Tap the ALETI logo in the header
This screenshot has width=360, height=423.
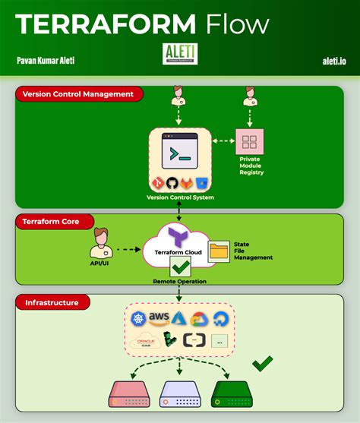click(x=179, y=54)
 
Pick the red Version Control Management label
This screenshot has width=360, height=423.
click(x=79, y=95)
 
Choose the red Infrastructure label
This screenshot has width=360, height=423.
click(x=52, y=302)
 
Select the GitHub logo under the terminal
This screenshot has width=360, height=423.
click(x=172, y=183)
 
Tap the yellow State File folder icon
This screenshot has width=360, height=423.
click(x=219, y=251)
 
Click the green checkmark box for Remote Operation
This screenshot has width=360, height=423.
click(x=180, y=267)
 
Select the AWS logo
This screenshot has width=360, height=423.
click(x=159, y=317)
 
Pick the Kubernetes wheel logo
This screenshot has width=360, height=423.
click(x=137, y=319)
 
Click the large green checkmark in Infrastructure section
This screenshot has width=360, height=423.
click(x=262, y=363)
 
